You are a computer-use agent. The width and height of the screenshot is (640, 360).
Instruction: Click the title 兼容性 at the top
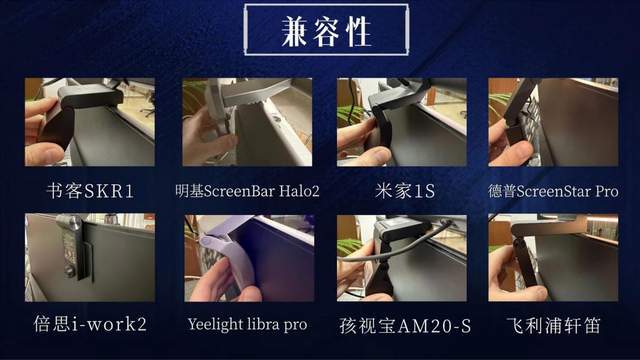point(327,31)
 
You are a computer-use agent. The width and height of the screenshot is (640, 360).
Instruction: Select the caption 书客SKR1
point(90,191)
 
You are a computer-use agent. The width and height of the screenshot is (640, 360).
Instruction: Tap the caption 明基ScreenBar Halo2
point(247,191)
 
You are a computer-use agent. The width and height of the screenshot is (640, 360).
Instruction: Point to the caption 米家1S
point(405,191)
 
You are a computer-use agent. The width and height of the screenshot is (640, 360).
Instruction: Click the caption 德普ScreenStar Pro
point(553,191)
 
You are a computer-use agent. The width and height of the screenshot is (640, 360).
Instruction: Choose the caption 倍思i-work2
point(90,324)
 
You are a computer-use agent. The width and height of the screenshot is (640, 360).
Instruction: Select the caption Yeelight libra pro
point(247,324)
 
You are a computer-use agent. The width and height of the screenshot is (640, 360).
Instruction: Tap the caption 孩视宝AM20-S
point(405,326)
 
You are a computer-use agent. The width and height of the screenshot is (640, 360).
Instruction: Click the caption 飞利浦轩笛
point(553,325)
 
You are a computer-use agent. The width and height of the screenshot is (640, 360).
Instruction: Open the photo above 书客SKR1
point(90,122)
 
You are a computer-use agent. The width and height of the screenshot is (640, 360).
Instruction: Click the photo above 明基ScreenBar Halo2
point(247,122)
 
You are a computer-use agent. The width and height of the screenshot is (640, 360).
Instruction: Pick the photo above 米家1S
point(402,122)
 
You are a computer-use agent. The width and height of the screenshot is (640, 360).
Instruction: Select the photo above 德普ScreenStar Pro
point(553,122)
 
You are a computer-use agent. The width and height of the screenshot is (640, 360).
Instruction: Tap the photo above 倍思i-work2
point(90,258)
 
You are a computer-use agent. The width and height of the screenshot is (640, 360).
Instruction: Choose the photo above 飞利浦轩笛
point(553,258)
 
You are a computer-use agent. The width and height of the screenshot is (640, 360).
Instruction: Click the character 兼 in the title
point(295,31)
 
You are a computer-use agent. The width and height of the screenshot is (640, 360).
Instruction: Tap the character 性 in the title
point(358,31)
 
